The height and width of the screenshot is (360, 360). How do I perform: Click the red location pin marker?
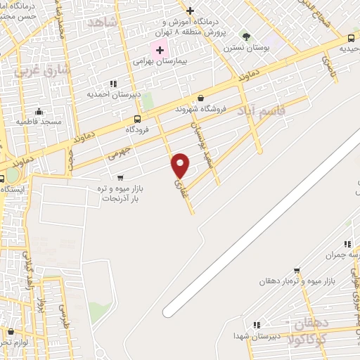tap(181, 165)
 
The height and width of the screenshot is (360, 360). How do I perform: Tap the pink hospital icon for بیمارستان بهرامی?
tap(160, 49)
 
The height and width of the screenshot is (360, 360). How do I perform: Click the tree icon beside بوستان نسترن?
tap(245, 37)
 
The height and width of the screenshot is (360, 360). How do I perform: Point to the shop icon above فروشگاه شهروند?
tap(201, 98)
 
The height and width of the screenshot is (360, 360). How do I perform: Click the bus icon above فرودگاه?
tap(137, 118)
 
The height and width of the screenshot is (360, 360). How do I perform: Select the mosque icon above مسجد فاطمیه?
tap(39, 111)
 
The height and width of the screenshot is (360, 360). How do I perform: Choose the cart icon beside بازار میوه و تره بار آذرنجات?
tap(120, 178)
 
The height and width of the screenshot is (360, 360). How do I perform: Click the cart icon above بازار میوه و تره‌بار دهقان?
tap(297, 270)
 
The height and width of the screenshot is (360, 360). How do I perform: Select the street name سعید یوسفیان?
tap(200, 139)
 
